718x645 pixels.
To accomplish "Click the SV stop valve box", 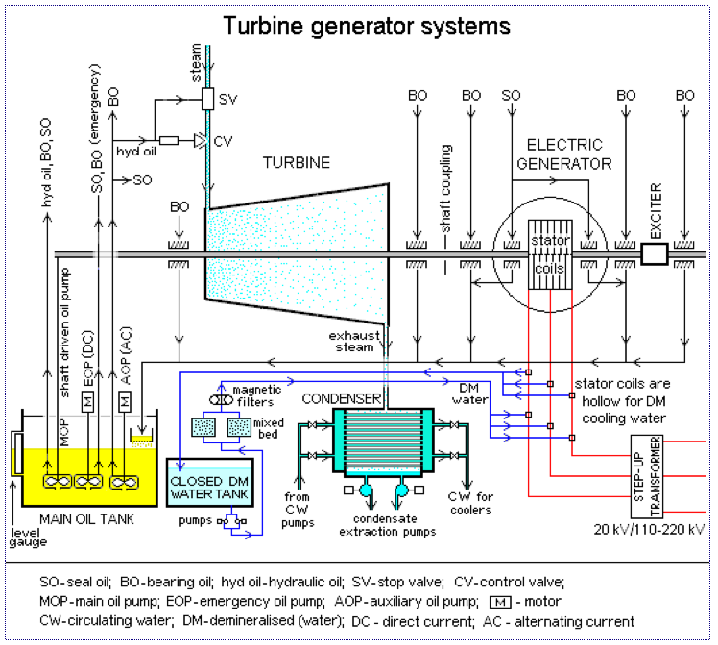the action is [x=207, y=99].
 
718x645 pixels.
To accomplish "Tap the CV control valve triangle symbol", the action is [x=201, y=140].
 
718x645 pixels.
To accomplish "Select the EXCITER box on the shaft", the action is [x=655, y=254].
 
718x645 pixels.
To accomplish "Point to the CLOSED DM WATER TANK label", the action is [x=209, y=488].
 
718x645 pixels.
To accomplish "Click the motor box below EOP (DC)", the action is [x=87, y=401].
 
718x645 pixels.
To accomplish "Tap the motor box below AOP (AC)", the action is [x=125, y=401].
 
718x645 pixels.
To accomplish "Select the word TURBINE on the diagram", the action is [x=297, y=162].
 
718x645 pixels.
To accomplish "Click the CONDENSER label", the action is [x=341, y=398].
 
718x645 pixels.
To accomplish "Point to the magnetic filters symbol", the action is [x=221, y=400].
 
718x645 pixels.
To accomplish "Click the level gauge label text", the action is [x=28, y=537].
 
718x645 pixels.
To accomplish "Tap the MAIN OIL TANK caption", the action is [x=87, y=519].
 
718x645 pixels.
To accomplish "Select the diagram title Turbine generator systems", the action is [x=367, y=26].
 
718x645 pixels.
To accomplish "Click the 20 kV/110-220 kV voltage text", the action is [x=649, y=529].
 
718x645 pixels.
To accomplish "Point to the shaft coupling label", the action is [x=445, y=188].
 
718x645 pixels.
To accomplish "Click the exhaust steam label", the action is [x=354, y=342].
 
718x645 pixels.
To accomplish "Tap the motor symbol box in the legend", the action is [x=500, y=602].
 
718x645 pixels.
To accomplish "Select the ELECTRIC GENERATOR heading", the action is [x=564, y=155].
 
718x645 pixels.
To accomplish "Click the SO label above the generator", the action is [x=511, y=95].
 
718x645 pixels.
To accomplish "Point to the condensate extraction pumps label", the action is [x=388, y=525].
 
